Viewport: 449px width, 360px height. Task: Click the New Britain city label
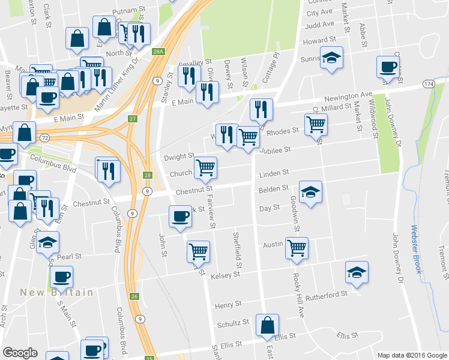(x=56, y=292)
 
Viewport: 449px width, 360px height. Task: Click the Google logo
(x=20, y=353)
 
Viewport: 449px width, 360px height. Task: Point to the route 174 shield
(x=428, y=83)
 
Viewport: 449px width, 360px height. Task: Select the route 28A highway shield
(x=158, y=52)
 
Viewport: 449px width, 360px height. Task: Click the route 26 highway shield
(x=134, y=296)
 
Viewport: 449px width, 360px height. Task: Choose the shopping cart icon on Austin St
(x=297, y=247)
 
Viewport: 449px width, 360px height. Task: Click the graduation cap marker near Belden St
(x=310, y=192)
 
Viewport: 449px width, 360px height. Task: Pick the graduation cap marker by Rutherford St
(x=357, y=272)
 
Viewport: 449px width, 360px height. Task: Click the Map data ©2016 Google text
(x=412, y=355)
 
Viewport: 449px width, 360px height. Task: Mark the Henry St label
(x=228, y=305)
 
